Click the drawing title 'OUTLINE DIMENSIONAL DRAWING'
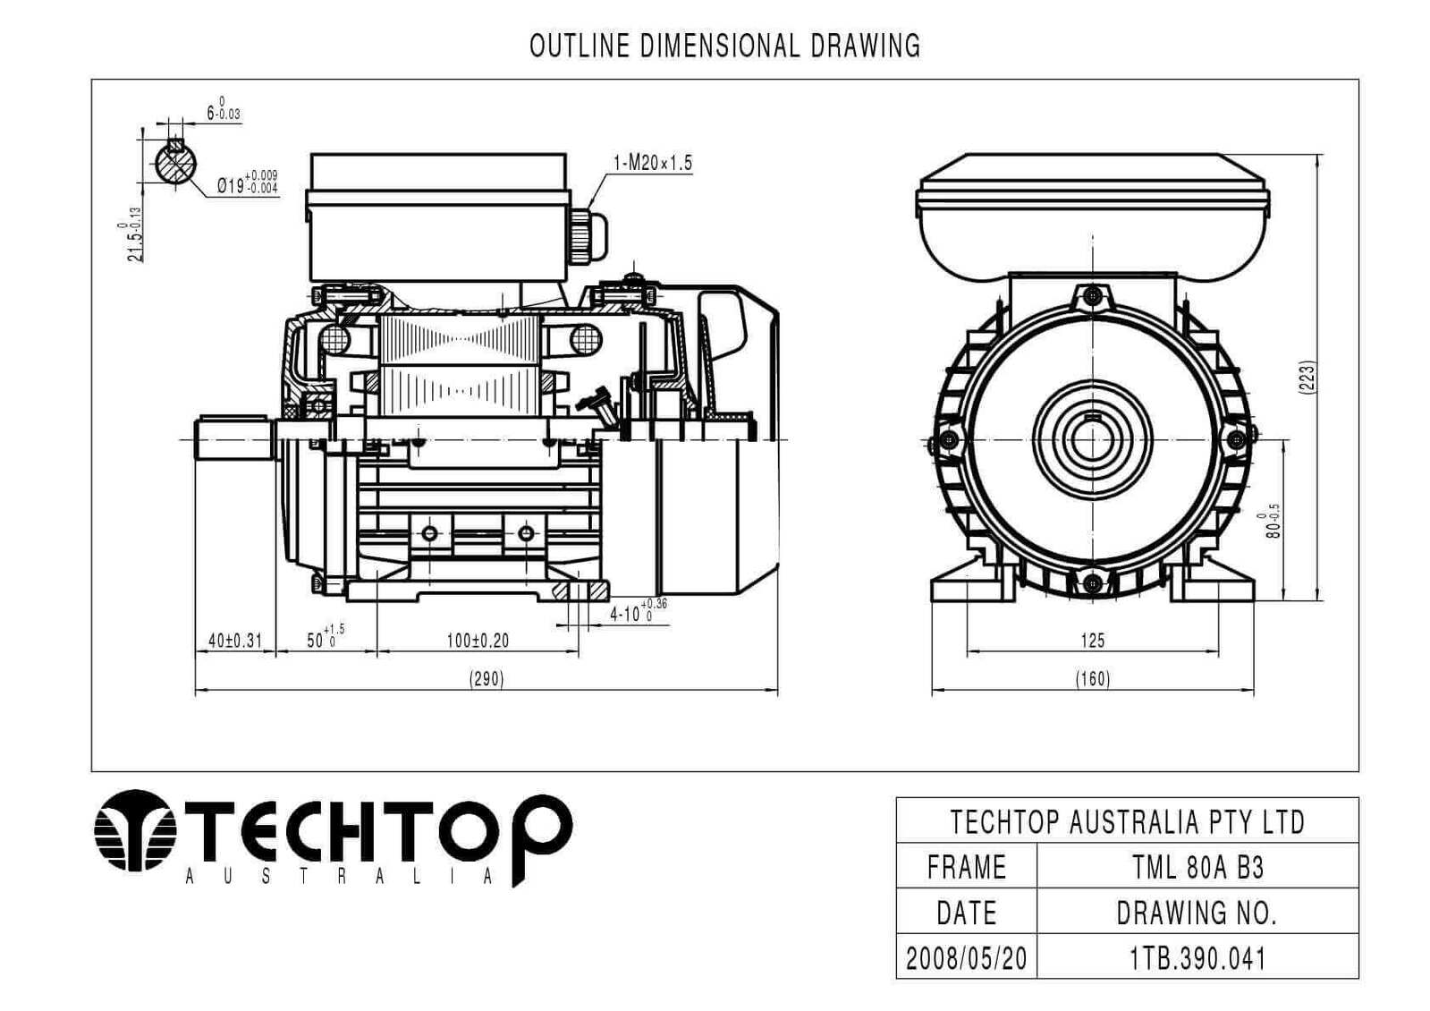tap(724, 46)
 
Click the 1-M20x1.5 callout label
tap(653, 163)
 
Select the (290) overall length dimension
tap(487, 678)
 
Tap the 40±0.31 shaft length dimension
tap(235, 640)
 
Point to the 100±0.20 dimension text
tap(478, 640)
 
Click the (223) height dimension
tap(1307, 378)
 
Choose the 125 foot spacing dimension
tap(1092, 640)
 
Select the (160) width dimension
tap(1092, 678)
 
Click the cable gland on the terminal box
tap(588, 235)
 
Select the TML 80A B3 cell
tap(1197, 867)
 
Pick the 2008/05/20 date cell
tap(967, 958)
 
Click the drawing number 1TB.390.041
tap(1197, 958)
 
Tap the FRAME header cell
tap(967, 867)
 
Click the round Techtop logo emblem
tap(135, 830)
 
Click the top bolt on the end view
tap(1094, 296)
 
